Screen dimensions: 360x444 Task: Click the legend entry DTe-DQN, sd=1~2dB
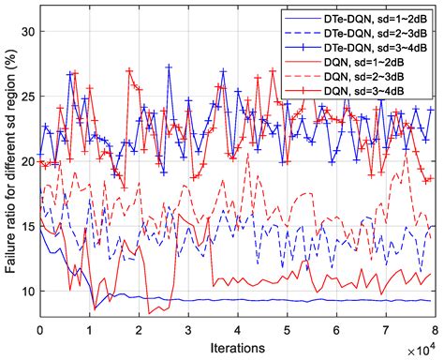367,15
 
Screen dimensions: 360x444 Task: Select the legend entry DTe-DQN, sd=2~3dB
367,29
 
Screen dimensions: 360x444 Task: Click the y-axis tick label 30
26,31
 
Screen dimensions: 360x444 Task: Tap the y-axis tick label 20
26,161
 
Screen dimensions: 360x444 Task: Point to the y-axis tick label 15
26,226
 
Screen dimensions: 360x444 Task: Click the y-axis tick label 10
26,291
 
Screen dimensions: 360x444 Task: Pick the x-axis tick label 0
40,331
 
